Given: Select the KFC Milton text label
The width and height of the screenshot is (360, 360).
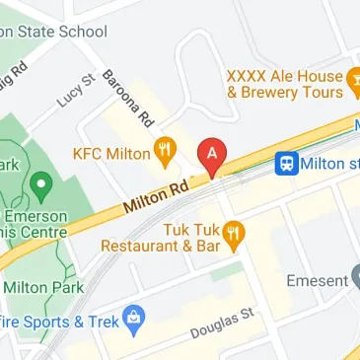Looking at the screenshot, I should (111, 154).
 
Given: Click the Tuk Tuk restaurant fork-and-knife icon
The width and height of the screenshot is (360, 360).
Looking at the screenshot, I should (234, 235).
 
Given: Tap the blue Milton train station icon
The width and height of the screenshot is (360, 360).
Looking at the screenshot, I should (287, 162).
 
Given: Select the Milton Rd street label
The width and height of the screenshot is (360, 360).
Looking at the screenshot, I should (156, 195).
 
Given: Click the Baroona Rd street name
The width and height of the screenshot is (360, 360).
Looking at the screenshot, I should (129, 99).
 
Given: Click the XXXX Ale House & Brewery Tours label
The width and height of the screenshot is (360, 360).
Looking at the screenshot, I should (284, 84).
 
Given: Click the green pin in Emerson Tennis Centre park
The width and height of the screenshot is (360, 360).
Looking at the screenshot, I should (40, 183).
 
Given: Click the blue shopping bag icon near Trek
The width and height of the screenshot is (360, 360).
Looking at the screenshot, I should (134, 318).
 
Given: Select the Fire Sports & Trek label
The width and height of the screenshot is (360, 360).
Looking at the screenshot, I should (57, 322).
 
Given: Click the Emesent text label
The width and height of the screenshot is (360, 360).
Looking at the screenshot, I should (317, 281).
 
